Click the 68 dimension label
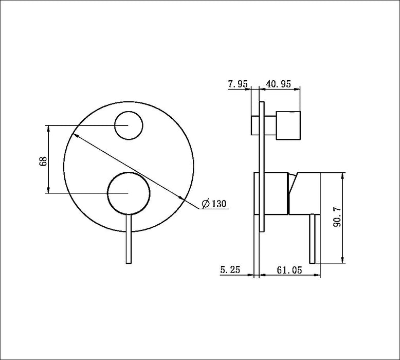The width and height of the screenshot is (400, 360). tap(44, 160)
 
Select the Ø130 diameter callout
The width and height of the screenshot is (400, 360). tap(214, 204)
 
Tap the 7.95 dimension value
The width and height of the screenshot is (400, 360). tap(238, 84)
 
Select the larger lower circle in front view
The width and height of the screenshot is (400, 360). tap(128, 193)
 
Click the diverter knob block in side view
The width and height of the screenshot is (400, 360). tap(288, 125)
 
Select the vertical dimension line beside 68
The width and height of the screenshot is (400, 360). tap(48, 159)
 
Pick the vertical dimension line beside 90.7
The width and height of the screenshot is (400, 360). tap(342, 218)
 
